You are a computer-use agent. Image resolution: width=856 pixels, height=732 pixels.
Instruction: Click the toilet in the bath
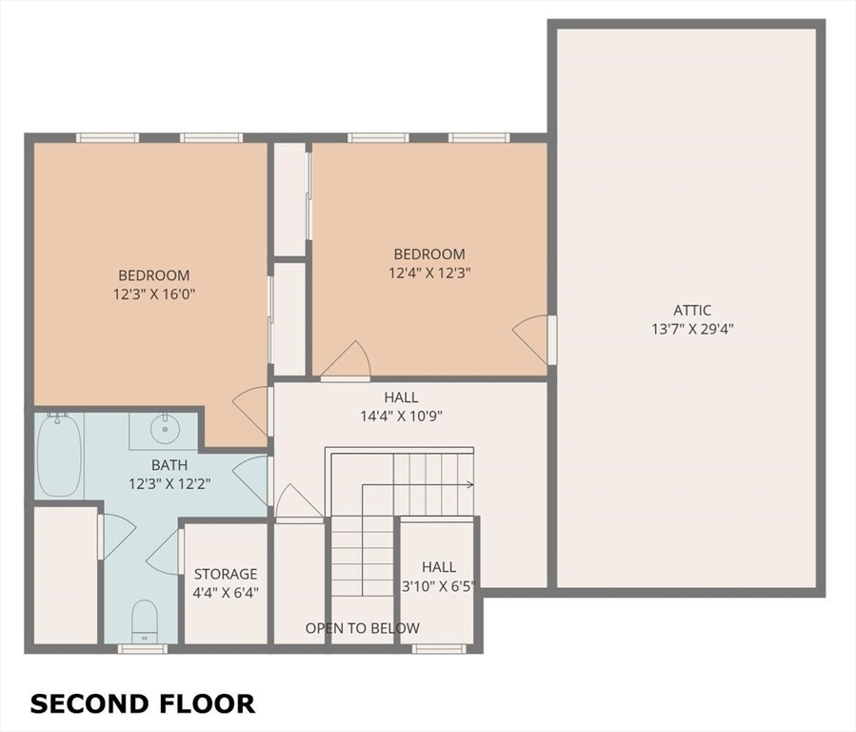pos(145,621)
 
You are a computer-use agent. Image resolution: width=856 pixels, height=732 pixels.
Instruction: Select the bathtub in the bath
pos(59,456)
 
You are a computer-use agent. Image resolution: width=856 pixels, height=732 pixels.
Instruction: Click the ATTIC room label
pos(692,311)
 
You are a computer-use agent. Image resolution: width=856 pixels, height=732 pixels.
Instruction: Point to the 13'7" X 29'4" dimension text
pos(692,329)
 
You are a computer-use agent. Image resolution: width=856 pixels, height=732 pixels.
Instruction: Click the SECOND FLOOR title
pos(143,703)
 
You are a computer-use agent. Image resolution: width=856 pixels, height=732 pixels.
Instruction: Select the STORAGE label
pos(226,574)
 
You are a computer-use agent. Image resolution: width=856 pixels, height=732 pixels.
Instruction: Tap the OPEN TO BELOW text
pos(363,628)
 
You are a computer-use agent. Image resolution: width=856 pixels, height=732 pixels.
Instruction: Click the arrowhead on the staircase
pos(470,484)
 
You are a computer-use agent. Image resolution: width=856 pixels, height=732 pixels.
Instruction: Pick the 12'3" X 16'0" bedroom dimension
pos(154,295)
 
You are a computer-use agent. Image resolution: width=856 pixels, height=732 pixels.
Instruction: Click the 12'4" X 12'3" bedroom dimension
pos(429,273)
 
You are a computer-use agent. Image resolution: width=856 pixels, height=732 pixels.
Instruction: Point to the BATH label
pos(169,465)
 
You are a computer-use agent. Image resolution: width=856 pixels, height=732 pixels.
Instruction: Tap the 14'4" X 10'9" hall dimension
pos(401,417)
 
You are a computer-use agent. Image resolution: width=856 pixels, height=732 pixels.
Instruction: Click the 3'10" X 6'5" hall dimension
pos(439,587)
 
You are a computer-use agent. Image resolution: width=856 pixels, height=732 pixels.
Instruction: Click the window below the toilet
pos(143,648)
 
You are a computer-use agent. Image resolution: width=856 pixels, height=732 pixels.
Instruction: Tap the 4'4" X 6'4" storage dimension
pos(226,592)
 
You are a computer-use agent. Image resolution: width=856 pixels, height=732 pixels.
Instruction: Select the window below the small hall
pos(439,648)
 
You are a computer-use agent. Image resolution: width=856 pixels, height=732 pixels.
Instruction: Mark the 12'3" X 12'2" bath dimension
pos(169,484)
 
